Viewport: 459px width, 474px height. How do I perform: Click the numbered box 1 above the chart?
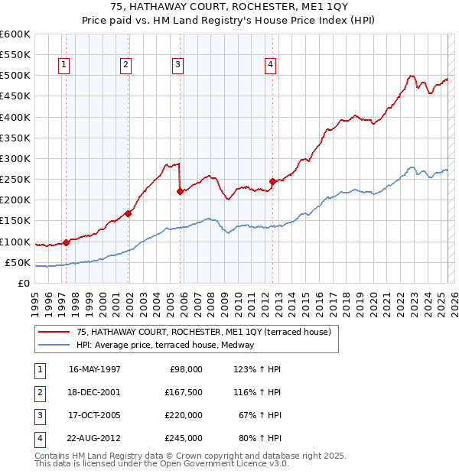pyautogui.click(x=63, y=66)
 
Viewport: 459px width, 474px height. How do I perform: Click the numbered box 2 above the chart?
pyautogui.click(x=125, y=66)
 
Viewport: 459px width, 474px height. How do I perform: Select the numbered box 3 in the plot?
pyautogui.click(x=177, y=66)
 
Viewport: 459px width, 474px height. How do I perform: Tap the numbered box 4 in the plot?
pyautogui.click(x=271, y=66)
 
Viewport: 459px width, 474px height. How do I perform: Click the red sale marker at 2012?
pyautogui.click(x=272, y=182)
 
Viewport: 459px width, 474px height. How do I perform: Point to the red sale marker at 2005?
pyautogui.click(x=180, y=192)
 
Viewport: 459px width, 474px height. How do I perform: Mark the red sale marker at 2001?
pyautogui.click(x=129, y=214)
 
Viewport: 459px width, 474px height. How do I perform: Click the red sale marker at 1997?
pyautogui.click(x=66, y=242)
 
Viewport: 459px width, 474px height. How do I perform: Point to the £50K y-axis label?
pyautogui.click(x=18, y=263)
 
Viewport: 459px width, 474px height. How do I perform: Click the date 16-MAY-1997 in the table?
pyautogui.click(x=95, y=369)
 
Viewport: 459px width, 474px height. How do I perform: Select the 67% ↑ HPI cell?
pyautogui.click(x=261, y=415)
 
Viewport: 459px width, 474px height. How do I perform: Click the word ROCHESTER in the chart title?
pyautogui.click(x=245, y=9)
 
